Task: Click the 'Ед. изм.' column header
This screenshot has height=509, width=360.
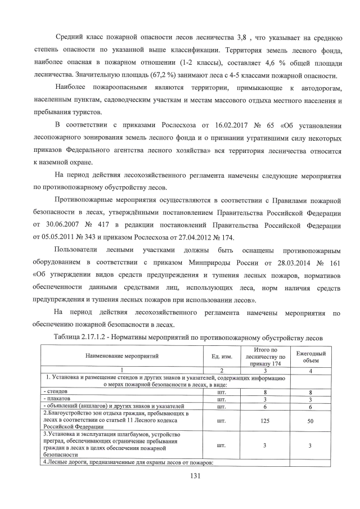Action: coord(217,356)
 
